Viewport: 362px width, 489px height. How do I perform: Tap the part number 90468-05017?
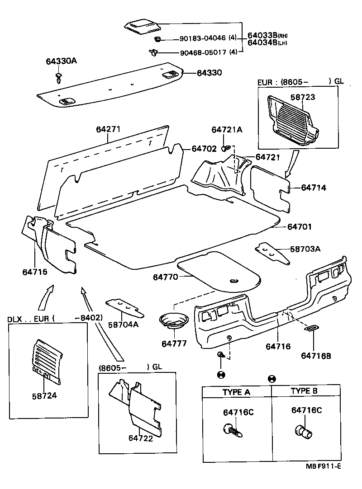pyautogui.click(x=203, y=52)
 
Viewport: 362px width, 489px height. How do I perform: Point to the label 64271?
pyautogui.click(x=108, y=129)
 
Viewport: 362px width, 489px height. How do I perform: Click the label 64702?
pyautogui.click(x=204, y=148)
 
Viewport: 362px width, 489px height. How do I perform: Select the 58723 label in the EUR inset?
pyautogui.click(x=303, y=97)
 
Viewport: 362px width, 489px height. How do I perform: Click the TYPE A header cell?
pyautogui.click(x=236, y=392)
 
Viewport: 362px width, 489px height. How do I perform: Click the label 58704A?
pyautogui.click(x=123, y=324)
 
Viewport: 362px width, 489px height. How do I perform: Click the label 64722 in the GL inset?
pyautogui.click(x=141, y=437)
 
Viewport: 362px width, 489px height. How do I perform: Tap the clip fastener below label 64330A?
pyautogui.click(x=59, y=77)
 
